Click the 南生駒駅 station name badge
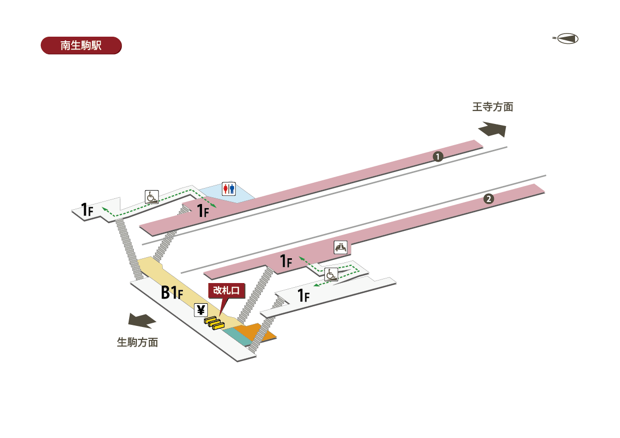pyautogui.click(x=81, y=45)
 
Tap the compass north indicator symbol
pyautogui.click(x=567, y=39)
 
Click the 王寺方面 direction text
pyautogui.click(x=492, y=107)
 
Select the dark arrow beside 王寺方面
pyautogui.click(x=492, y=129)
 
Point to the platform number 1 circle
pyautogui.click(x=438, y=156)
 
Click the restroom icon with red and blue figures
pyautogui.click(x=228, y=189)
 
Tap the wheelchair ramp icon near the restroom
pyautogui.click(x=151, y=197)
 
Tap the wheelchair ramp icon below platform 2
pyautogui.click(x=331, y=275)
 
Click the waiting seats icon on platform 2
pyautogui.click(x=341, y=247)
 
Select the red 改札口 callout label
pyautogui.click(x=226, y=291)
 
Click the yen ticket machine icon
pyautogui.click(x=201, y=310)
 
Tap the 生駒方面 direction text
pyautogui.click(x=137, y=342)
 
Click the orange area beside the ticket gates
pyautogui.click(x=256, y=333)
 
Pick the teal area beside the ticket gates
pyautogui.click(x=236, y=336)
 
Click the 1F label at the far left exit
pyautogui.click(x=86, y=210)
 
